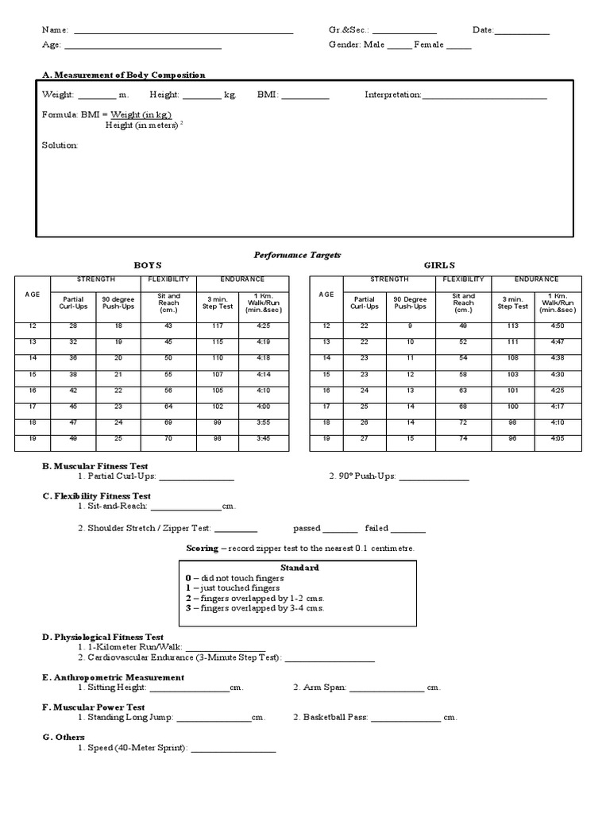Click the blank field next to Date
(522, 32)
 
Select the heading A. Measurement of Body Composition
(123, 75)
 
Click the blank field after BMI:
(305, 96)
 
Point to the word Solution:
(60, 145)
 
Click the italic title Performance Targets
(297, 254)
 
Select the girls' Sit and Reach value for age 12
(463, 326)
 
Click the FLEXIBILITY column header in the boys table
(168, 279)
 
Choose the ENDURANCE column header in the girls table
(536, 279)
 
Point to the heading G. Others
(64, 738)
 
